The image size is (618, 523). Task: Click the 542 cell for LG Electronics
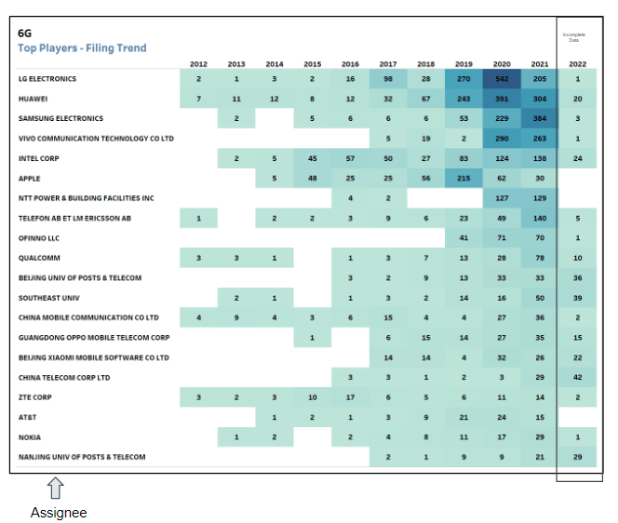click(502, 79)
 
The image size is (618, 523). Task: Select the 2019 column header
click(463, 64)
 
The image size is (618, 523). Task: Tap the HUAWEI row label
click(33, 99)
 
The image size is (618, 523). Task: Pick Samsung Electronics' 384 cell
click(540, 119)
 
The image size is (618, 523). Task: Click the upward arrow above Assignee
click(55, 489)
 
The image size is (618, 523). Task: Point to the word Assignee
click(59, 512)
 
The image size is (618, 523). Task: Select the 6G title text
click(25, 33)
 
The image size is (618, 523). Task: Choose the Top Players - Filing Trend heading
click(82, 47)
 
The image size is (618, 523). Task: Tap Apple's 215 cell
click(463, 178)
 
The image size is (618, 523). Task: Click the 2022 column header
click(577, 64)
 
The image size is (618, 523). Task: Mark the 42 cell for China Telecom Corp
click(577, 377)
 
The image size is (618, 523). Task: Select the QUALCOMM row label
click(38, 258)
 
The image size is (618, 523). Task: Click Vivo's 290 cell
click(502, 139)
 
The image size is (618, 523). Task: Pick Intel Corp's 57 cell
click(350, 158)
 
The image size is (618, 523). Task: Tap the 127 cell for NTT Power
click(502, 198)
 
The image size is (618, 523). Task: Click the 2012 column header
click(198, 64)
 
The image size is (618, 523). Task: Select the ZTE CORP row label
click(36, 396)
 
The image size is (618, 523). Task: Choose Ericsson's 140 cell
click(540, 218)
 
